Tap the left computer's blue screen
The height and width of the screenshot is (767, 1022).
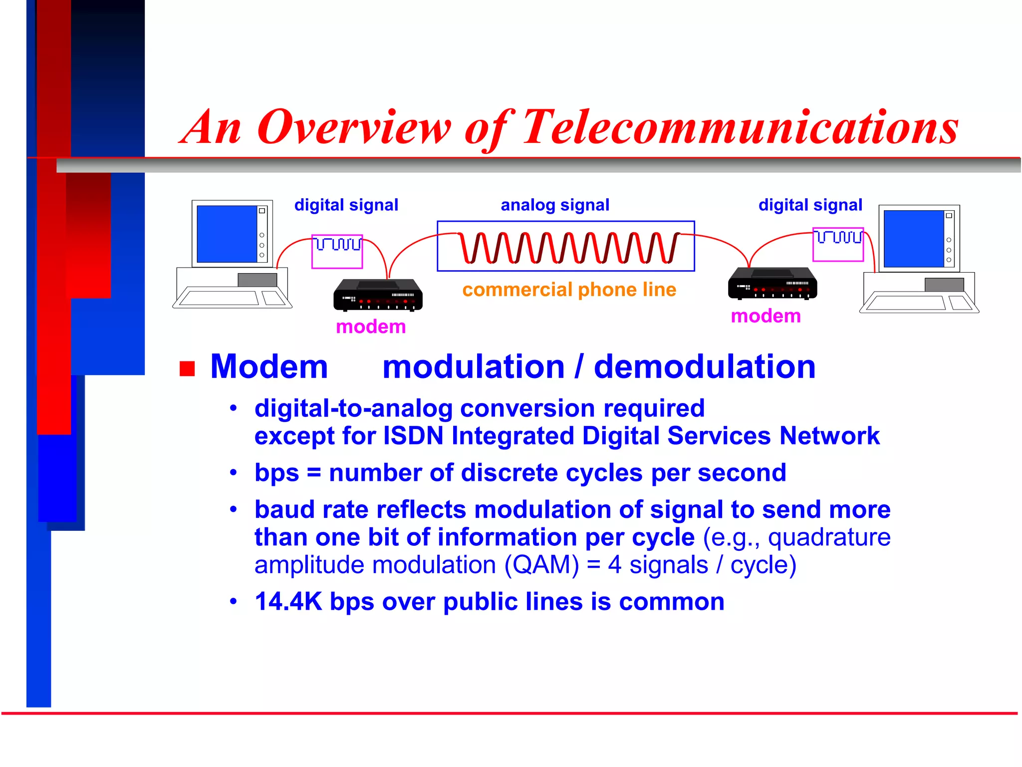(x=227, y=234)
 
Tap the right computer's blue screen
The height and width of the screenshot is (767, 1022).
(x=913, y=239)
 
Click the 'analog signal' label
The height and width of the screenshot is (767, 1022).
(x=555, y=205)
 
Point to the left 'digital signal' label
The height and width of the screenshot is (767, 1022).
(x=346, y=205)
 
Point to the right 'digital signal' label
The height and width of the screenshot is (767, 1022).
(x=810, y=205)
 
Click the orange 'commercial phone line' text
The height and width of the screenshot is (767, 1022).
(x=569, y=290)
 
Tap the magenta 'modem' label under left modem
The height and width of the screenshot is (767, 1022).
(x=371, y=327)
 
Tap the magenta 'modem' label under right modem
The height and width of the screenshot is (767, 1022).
(x=766, y=316)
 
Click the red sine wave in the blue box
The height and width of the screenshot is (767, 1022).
(x=569, y=247)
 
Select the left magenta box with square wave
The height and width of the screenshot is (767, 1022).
(x=337, y=252)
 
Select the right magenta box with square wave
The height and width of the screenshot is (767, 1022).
(x=838, y=245)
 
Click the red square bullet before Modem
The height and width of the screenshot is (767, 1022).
(x=187, y=369)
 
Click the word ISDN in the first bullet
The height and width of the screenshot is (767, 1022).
(x=413, y=435)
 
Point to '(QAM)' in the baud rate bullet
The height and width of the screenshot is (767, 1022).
(x=541, y=565)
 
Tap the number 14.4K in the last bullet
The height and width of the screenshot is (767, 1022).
(x=288, y=601)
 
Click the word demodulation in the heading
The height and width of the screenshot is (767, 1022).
(x=704, y=367)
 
